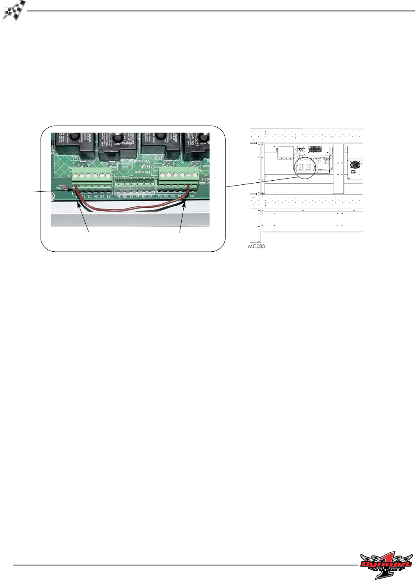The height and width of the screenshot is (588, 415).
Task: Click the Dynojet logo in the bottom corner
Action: (386, 565)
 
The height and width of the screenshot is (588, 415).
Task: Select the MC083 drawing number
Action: (256, 247)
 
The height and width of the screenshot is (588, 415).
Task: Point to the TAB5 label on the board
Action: (205, 166)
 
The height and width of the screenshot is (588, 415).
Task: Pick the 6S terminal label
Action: (191, 196)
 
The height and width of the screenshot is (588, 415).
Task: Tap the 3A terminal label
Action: (119, 197)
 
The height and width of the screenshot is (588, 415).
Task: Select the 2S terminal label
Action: (108, 197)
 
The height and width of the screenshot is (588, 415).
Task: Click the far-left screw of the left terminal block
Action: (76, 176)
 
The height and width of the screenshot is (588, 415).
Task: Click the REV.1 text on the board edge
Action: (203, 179)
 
